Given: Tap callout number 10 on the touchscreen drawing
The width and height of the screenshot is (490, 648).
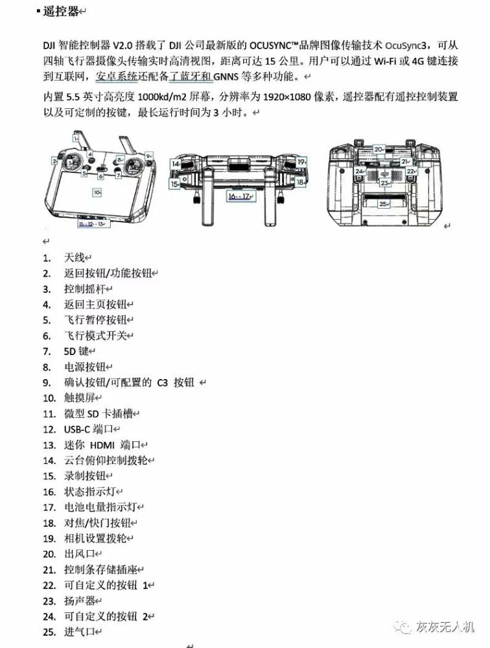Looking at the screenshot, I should [x=97, y=192].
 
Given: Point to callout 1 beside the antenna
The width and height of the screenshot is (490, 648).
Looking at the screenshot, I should [x=76, y=138].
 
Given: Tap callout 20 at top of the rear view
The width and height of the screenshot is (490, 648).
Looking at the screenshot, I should [x=379, y=149].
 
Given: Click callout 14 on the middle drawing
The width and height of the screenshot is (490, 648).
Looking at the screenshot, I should [x=175, y=165].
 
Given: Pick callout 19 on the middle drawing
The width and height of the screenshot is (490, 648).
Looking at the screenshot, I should [x=301, y=161].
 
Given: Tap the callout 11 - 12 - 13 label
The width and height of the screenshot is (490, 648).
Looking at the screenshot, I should [x=91, y=224].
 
